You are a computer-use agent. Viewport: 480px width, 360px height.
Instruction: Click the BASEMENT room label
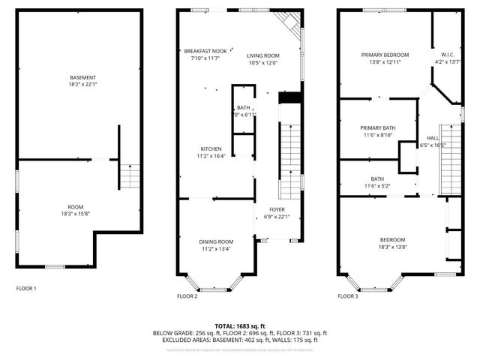[x=82, y=78]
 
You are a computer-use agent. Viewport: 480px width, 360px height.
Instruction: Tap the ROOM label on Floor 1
[x=75, y=206]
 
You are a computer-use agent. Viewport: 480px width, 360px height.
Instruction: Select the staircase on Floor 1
[x=130, y=177]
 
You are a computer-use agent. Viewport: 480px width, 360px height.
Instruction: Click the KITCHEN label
[x=210, y=148]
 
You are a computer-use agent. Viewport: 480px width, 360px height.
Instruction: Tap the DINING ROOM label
[x=215, y=241]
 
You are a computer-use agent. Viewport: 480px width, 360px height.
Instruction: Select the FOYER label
[x=277, y=210]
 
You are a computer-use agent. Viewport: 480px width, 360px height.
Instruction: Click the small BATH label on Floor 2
[x=244, y=108]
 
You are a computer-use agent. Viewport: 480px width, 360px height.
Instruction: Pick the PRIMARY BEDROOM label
[x=384, y=55]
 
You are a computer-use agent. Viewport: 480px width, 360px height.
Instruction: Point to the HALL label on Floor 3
[x=433, y=139]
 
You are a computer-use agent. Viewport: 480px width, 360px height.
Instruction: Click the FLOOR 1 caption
[x=26, y=288]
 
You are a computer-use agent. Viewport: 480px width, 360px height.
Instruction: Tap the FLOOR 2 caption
[x=187, y=296]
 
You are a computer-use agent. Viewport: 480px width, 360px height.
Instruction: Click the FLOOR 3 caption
[x=347, y=296]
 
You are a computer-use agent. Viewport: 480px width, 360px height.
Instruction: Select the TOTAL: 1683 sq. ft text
[x=239, y=325]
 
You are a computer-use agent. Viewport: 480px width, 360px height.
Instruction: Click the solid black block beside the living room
[x=289, y=98]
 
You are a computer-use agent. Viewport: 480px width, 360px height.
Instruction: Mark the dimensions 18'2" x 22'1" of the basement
[x=82, y=85]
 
